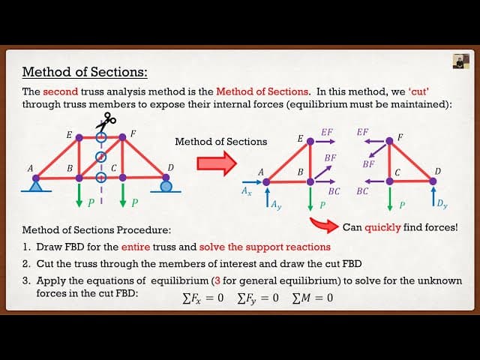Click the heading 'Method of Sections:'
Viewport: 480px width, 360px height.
(85, 72)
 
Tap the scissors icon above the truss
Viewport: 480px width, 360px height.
(105, 121)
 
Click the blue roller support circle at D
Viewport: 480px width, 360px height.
(166, 185)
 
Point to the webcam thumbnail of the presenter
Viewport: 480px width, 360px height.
(460, 61)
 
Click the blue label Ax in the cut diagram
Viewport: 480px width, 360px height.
(247, 191)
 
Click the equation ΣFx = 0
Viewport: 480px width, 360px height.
(202, 298)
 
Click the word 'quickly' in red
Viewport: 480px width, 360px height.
(382, 227)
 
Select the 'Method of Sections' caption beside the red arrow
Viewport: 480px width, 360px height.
(220, 141)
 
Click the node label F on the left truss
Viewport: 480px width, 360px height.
(133, 134)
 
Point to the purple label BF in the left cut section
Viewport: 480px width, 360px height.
(330, 158)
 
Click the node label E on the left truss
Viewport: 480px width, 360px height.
(69, 135)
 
